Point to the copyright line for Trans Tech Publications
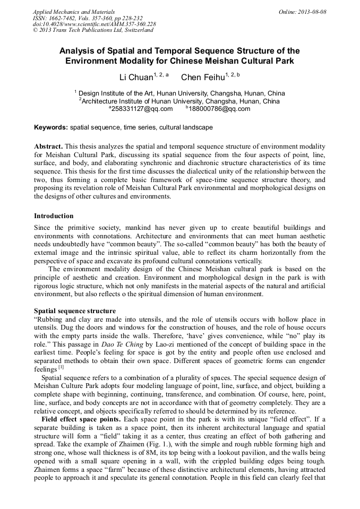pos(93,30)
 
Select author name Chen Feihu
pos(202,77)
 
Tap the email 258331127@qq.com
pos(142,109)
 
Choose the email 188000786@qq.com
pos(220,109)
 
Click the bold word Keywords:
pos(50,128)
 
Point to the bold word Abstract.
pos(49,146)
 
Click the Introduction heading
pos(54,216)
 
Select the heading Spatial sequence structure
pos(75,310)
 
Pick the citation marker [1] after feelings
pos(61,367)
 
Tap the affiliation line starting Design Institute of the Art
pos(181,93)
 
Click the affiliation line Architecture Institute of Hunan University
pos(181,101)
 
